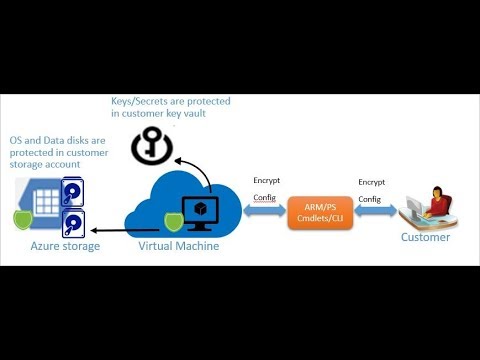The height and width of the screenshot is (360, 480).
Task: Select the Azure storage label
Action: point(66,246)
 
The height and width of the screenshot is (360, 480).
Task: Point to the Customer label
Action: point(425,237)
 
